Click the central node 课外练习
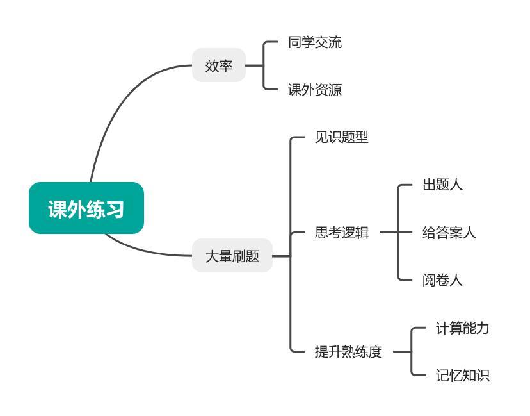tap(86, 208)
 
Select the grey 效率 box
tap(219, 65)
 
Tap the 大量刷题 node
tap(232, 256)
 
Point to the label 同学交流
tap(315, 43)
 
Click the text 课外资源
tap(315, 90)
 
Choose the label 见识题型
tap(342, 138)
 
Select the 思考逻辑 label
tap(342, 233)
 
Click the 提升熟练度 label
tap(348, 352)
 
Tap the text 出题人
tap(442, 185)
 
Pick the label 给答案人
tap(449, 233)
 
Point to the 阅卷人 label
tap(442, 280)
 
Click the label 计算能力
tap(463, 328)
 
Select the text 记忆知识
tap(463, 376)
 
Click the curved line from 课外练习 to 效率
tap(122, 103)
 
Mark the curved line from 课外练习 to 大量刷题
tap(147, 252)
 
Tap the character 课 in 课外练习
tap(58, 209)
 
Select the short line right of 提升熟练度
tap(401, 352)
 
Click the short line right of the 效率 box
tap(254, 65)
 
